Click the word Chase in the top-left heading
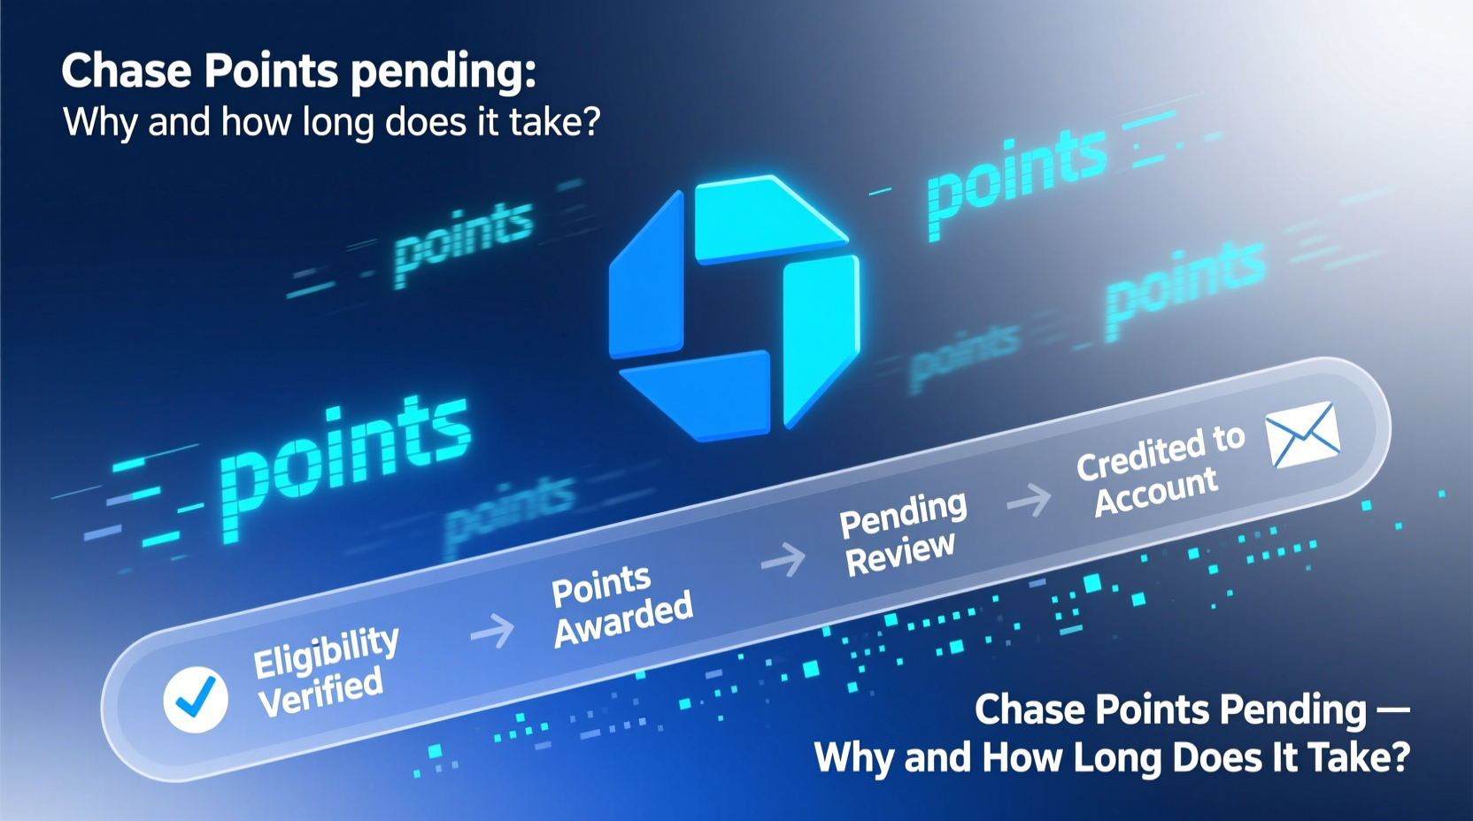click(x=126, y=71)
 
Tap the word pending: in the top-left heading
click(x=443, y=73)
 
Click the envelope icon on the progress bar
click(x=1302, y=434)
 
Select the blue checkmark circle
click(x=196, y=698)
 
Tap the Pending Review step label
click(x=902, y=532)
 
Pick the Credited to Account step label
click(x=1158, y=470)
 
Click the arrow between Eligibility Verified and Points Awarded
click(x=492, y=632)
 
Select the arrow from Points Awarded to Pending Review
click(x=783, y=559)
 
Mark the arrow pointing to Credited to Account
click(x=1029, y=501)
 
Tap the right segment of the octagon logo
click(x=819, y=332)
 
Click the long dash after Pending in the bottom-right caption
click(x=1392, y=709)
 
